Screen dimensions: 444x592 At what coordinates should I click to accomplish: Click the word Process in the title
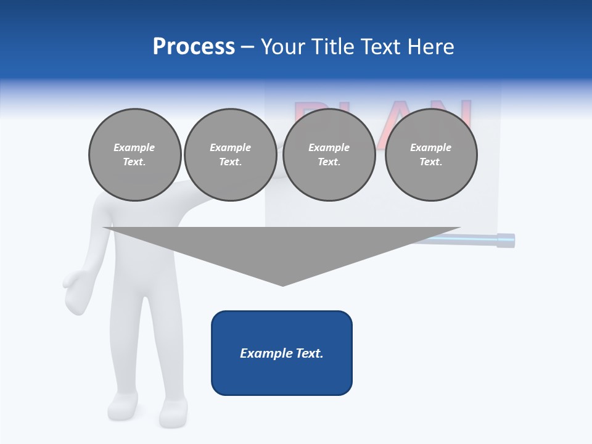194,47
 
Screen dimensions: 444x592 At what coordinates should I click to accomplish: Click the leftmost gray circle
134,155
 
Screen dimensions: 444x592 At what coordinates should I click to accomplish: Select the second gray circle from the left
230,155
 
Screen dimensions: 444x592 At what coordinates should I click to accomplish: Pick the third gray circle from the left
329,155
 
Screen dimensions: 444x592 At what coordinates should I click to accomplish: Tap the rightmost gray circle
430,155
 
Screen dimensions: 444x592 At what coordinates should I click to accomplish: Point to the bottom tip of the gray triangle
282,284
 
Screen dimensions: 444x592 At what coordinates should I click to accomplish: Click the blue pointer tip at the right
506,240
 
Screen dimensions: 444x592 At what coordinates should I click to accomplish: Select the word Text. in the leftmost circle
134,162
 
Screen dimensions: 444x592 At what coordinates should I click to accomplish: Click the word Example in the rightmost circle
430,147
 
